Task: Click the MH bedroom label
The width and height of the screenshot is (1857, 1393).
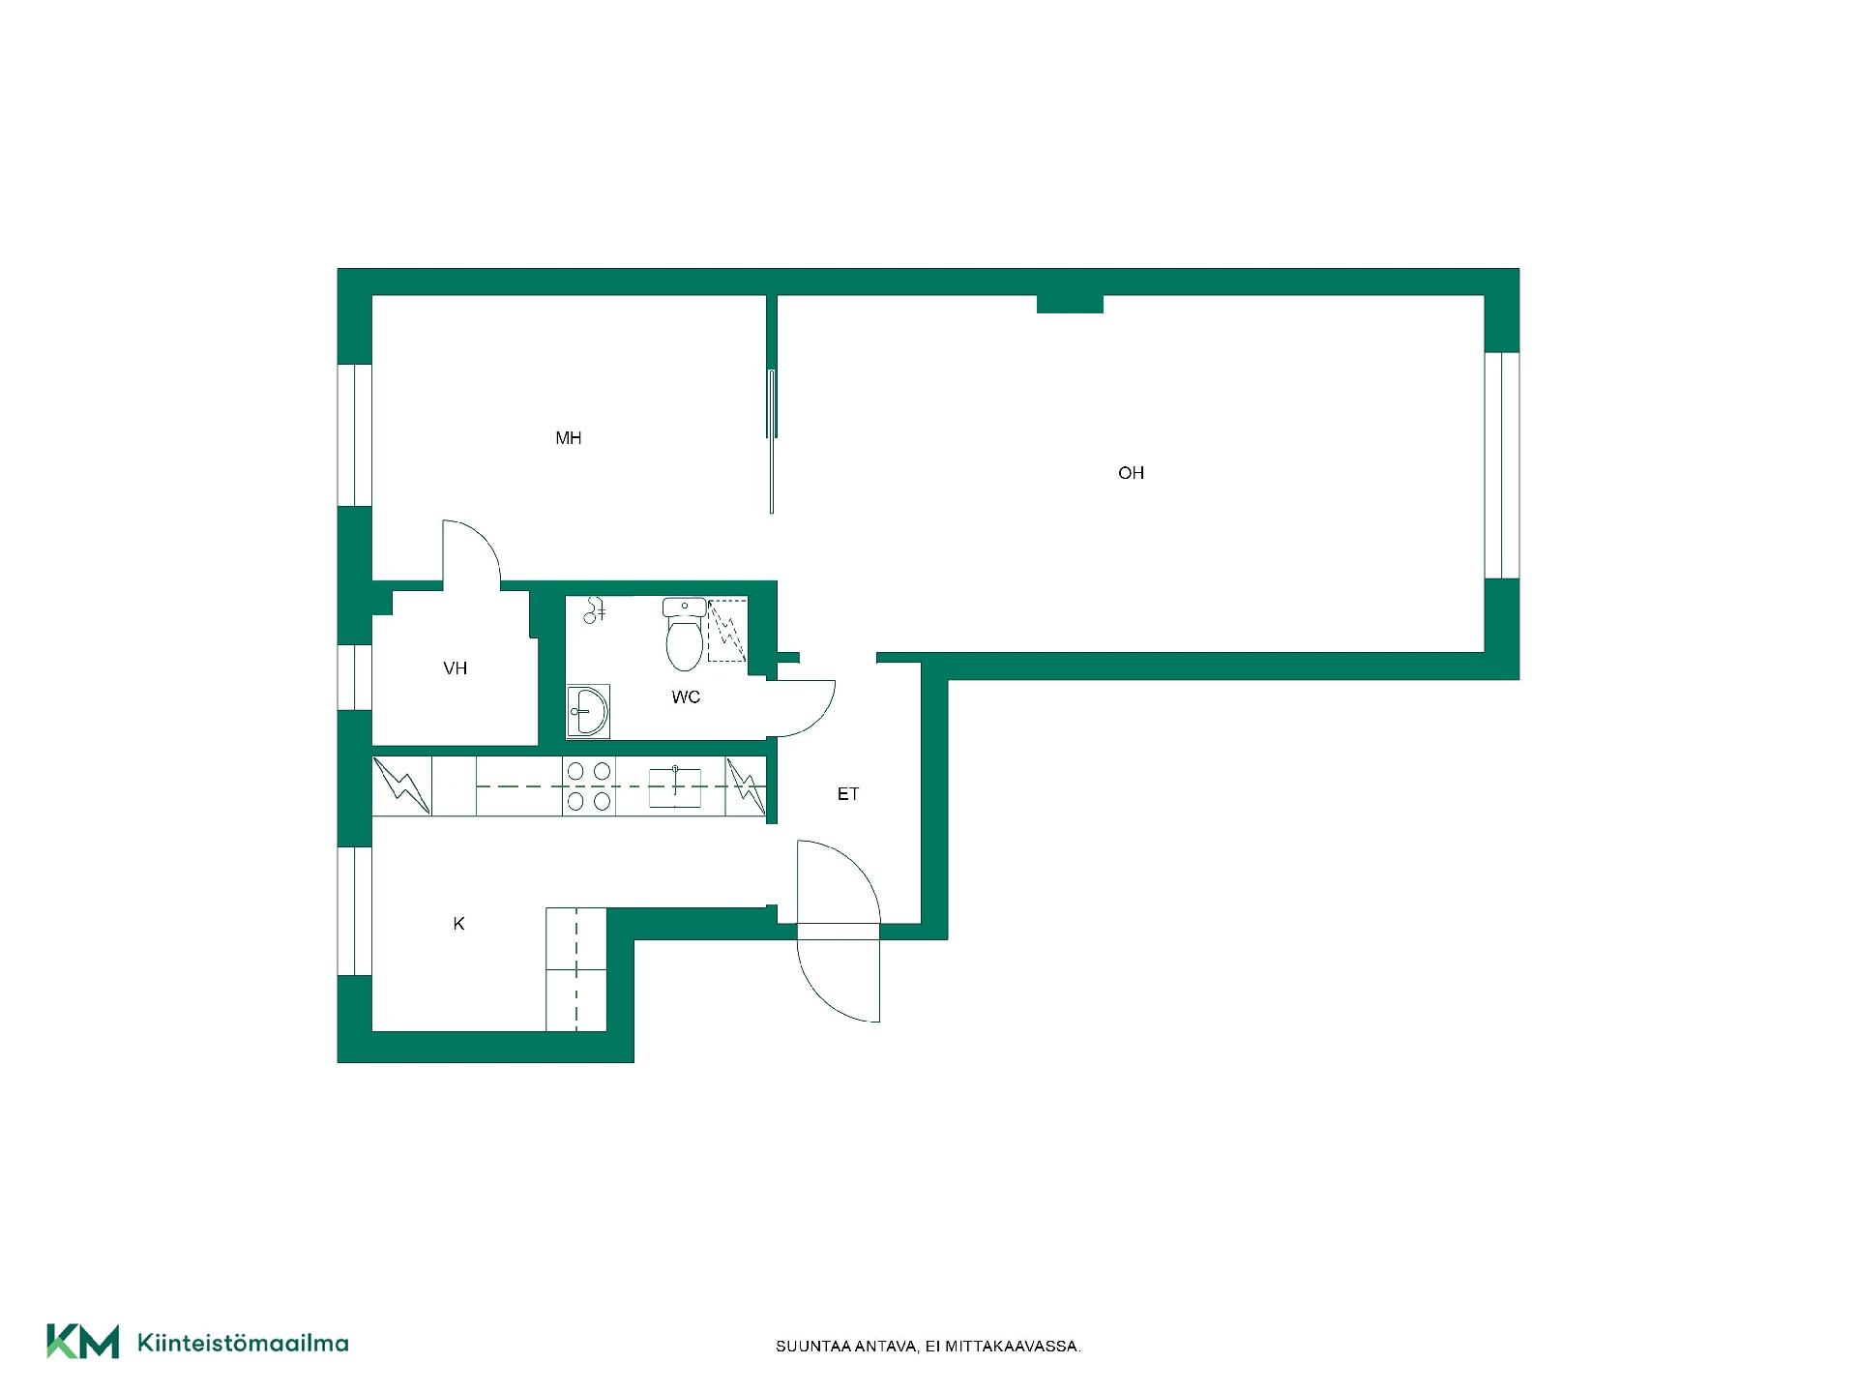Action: [x=568, y=438]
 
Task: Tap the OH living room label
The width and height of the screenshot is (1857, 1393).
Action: [x=1131, y=473]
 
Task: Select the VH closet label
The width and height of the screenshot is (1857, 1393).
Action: [x=455, y=668]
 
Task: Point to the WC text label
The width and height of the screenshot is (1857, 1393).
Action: [x=686, y=697]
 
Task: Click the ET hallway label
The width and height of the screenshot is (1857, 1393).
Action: [x=848, y=794]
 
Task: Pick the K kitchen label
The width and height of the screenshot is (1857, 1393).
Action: [x=458, y=924]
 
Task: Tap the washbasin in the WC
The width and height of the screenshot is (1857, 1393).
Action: [x=587, y=711]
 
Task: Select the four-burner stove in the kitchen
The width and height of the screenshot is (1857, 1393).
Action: [x=589, y=786]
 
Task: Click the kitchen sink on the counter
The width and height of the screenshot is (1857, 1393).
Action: [x=675, y=786]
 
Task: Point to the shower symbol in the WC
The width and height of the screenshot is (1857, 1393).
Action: [x=727, y=631]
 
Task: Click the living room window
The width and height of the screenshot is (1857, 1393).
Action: [x=1502, y=465]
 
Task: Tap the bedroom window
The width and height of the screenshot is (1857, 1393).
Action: [x=354, y=435]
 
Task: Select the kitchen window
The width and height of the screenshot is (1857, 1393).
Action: [x=354, y=911]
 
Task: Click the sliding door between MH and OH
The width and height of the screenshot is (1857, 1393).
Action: [x=771, y=441]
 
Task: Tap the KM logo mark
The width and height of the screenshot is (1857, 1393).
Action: [x=83, y=1342]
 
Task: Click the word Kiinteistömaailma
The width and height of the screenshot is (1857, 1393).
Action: [x=244, y=1343]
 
